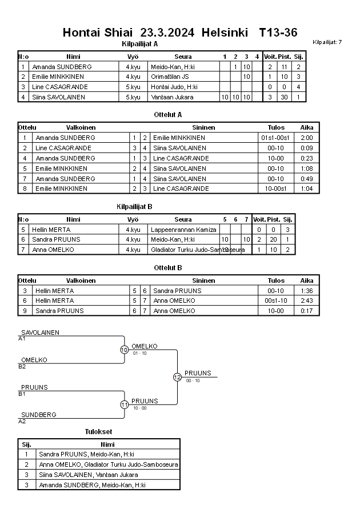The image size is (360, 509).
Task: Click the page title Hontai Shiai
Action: coord(97,33)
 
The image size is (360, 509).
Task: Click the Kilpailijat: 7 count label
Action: coord(327,42)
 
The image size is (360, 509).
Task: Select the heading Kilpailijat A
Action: coord(140,44)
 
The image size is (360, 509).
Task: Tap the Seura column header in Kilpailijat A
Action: coord(183,57)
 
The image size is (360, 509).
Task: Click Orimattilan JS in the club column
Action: coord(170,77)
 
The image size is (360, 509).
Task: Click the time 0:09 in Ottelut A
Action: coord(307,148)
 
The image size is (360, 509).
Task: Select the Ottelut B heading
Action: coord(168,267)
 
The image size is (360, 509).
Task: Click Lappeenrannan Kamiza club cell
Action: coord(183,230)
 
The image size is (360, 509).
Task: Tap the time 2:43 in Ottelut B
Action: coord(307,300)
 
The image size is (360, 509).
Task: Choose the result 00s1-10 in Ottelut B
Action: coord(276,300)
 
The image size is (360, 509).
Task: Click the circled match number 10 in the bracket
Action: coord(124,350)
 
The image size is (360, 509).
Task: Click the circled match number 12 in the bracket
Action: coord(177,377)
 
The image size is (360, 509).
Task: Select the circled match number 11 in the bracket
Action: coord(124,404)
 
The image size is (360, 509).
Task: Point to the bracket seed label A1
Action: coord(22,339)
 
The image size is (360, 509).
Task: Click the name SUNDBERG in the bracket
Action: coord(38,415)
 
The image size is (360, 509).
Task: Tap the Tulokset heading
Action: coord(99,431)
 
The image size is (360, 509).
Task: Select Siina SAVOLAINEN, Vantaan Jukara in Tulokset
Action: coord(89,475)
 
